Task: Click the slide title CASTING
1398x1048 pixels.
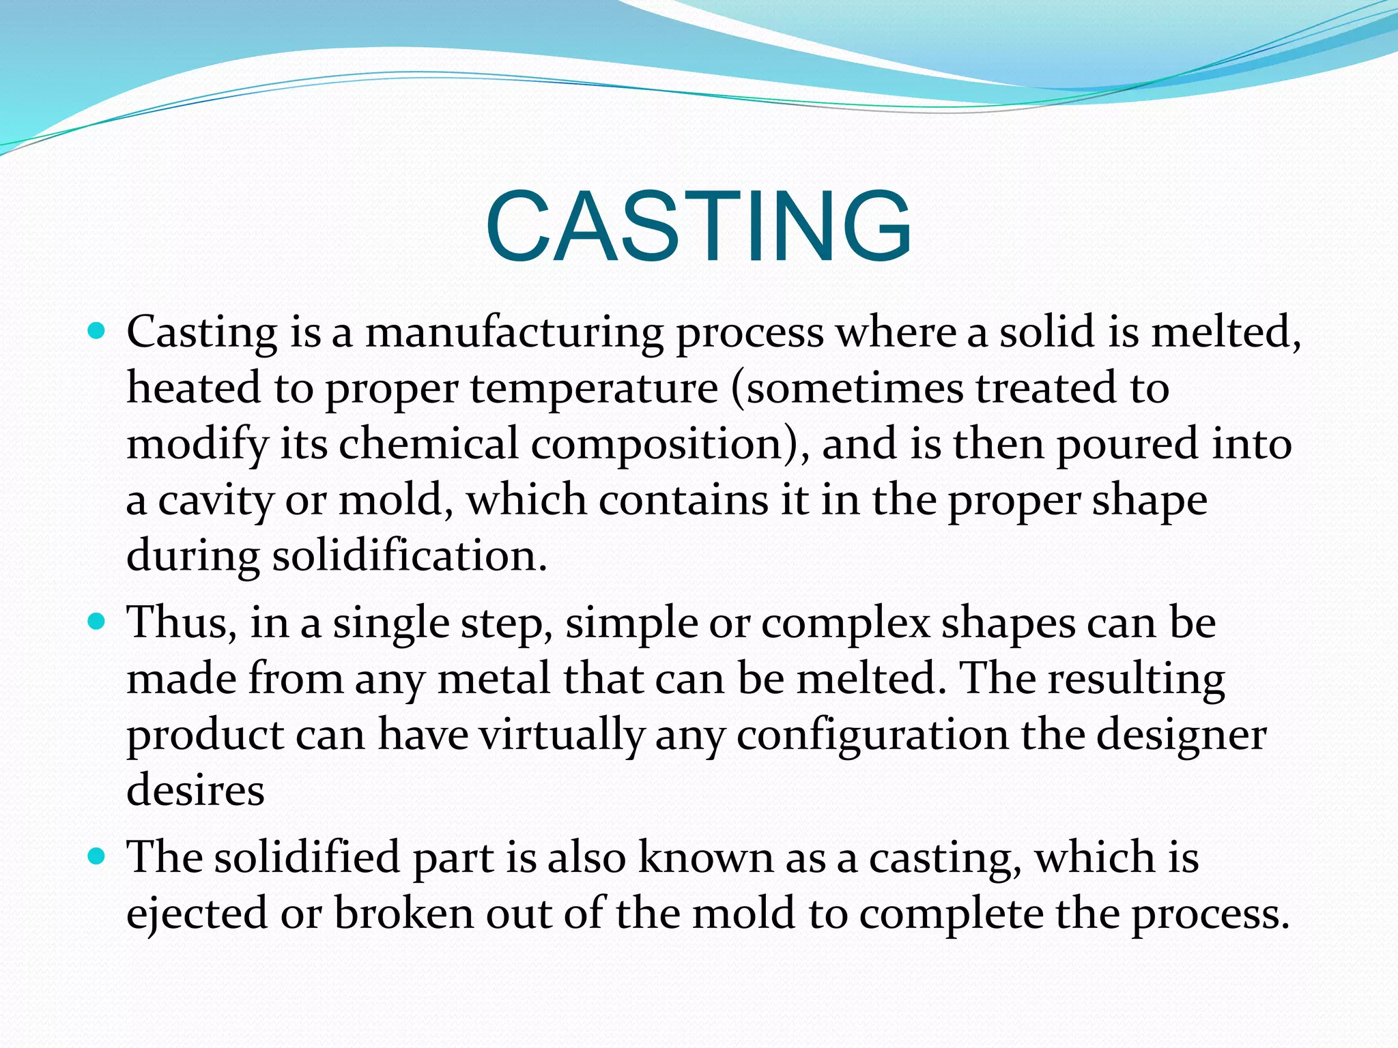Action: pyautogui.click(x=698, y=226)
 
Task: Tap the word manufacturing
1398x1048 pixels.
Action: pyautogui.click(x=514, y=333)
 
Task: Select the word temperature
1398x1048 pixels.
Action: pyautogui.click(x=594, y=389)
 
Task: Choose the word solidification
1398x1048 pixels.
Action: pyautogui.click(x=410, y=556)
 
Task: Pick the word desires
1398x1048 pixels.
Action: pyautogui.click(x=196, y=791)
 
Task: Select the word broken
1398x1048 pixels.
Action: pyautogui.click(x=404, y=914)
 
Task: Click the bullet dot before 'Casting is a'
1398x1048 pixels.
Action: pyautogui.click(x=97, y=332)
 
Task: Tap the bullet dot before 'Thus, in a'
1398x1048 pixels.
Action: pyautogui.click(x=97, y=622)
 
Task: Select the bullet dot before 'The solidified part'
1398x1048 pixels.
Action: pyautogui.click(x=97, y=856)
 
